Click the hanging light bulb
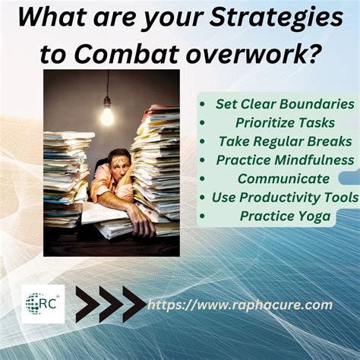(x=107, y=115)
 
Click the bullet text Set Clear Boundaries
(x=284, y=103)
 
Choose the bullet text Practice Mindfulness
(x=284, y=160)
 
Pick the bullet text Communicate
(x=283, y=179)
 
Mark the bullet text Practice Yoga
(x=284, y=216)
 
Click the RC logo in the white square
(x=43, y=304)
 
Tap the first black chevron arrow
(x=87, y=305)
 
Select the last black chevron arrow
(x=133, y=305)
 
